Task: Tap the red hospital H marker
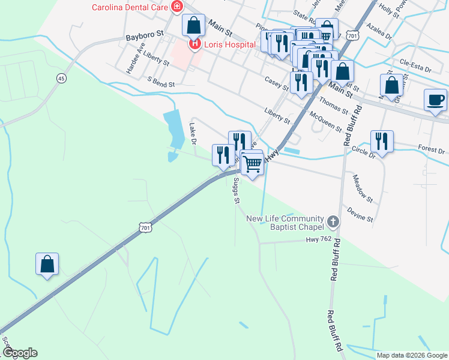pyautogui.click(x=195, y=44)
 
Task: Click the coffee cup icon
pyautogui.click(x=435, y=100)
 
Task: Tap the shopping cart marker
pyautogui.click(x=253, y=161)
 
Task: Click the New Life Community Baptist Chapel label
pyautogui.click(x=285, y=223)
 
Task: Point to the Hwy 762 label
pyautogui.click(x=318, y=239)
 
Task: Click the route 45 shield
pyautogui.click(x=61, y=79)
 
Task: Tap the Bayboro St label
pyautogui.click(x=145, y=37)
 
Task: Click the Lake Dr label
pyautogui.click(x=193, y=134)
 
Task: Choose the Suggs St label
pyautogui.click(x=236, y=190)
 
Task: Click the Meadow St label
pyautogui.click(x=363, y=188)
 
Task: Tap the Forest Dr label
pyautogui.click(x=430, y=149)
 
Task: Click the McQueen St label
pyautogui.click(x=326, y=122)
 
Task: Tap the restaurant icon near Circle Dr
pyautogui.click(x=382, y=142)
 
